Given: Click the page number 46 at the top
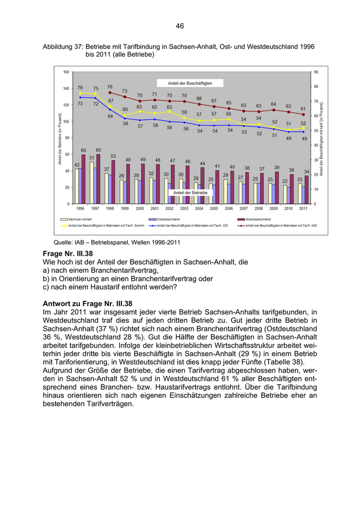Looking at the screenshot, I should point(179,26).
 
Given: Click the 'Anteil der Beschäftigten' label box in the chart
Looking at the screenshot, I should point(190,83).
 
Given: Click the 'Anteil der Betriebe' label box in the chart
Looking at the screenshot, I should point(190,192).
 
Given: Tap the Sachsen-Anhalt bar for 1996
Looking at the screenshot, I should point(77,186).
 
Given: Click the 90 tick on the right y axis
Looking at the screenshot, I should point(315,72).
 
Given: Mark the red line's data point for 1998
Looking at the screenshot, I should point(110,93).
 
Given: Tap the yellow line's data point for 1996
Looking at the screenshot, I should point(80,93).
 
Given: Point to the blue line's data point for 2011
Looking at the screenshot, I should point(303,132).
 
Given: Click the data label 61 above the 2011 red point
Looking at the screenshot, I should point(303,108).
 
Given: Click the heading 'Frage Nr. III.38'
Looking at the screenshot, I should point(68,254).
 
